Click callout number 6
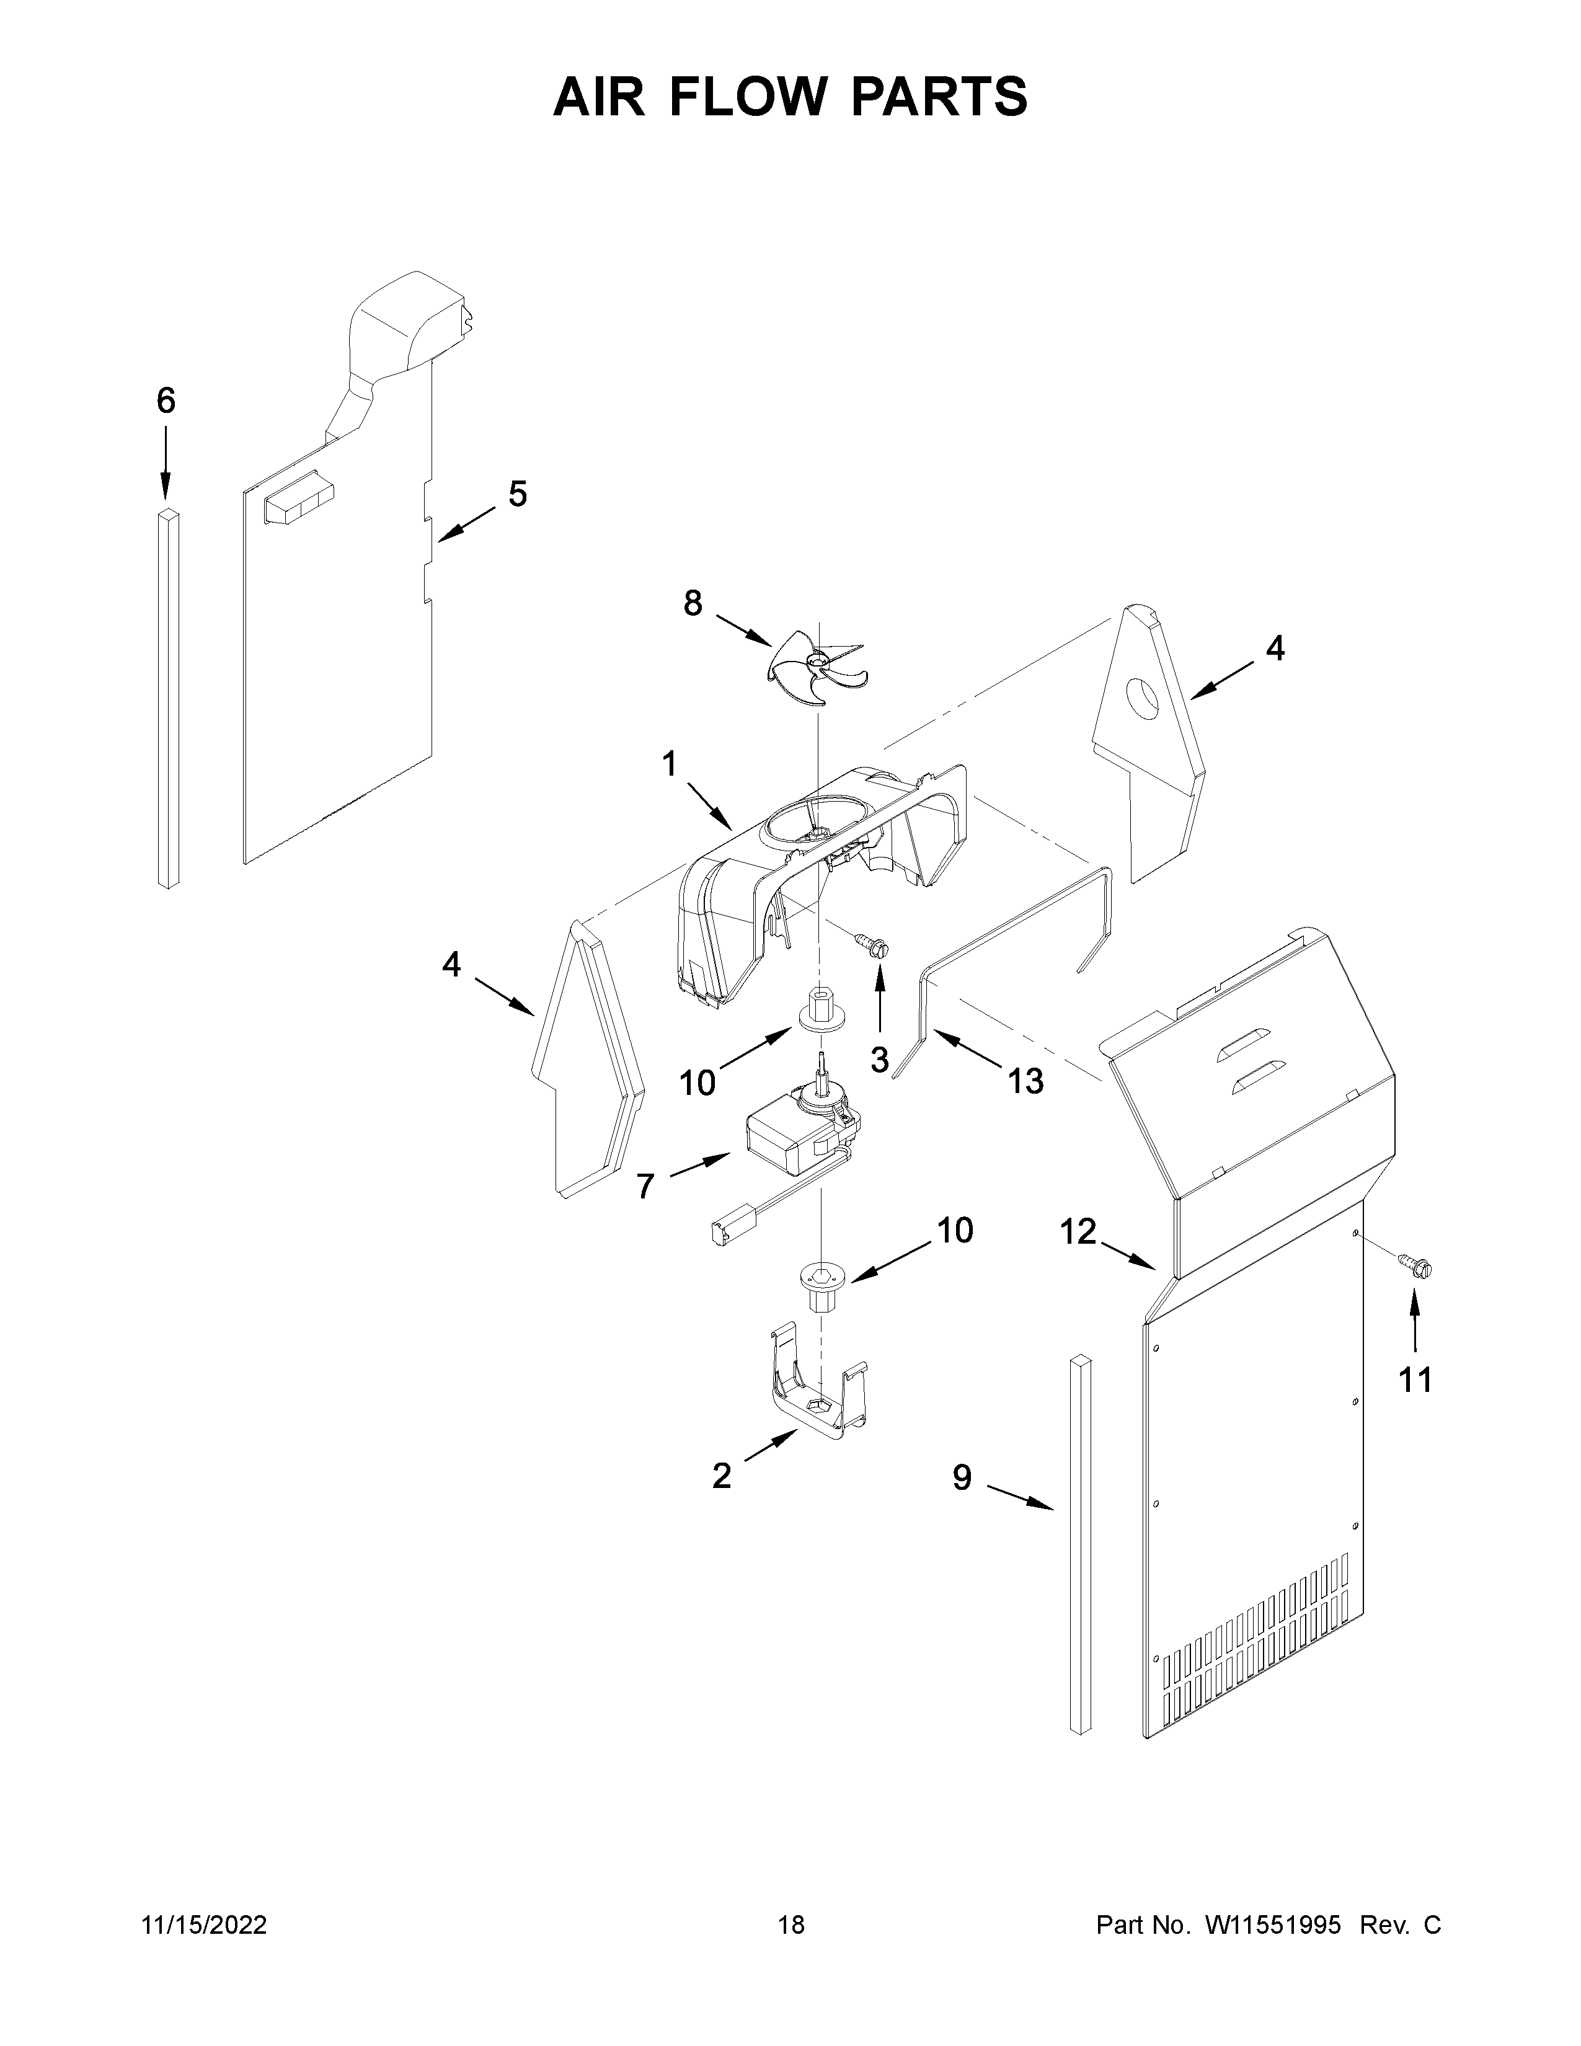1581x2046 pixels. point(166,401)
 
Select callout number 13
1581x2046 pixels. point(1025,1081)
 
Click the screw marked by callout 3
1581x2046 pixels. point(875,947)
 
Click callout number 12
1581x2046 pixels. point(1078,1232)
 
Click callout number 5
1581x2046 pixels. point(517,494)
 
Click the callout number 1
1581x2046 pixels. point(669,765)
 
